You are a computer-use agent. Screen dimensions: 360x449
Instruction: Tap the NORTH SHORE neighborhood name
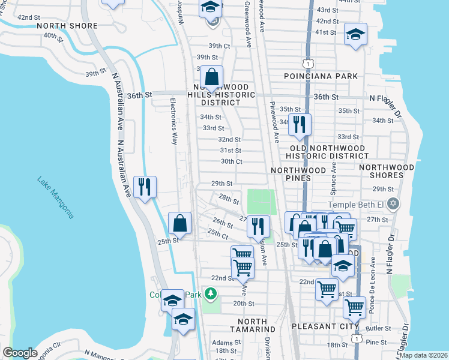(x=67, y=26)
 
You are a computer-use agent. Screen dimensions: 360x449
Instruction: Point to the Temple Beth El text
(x=359, y=203)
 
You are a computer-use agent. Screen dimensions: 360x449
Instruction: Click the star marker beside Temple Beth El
(x=393, y=203)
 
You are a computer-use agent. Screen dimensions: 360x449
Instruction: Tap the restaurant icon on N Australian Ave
(x=145, y=187)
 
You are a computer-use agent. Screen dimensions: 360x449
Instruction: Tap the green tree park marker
(x=210, y=293)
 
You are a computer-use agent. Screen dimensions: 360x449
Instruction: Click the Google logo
(x=20, y=353)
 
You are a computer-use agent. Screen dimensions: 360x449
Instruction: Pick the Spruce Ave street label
(x=333, y=178)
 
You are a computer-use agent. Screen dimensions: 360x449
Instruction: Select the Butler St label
(x=378, y=329)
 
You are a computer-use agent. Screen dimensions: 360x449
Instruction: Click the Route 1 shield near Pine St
(x=358, y=339)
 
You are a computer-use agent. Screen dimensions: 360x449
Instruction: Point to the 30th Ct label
(x=231, y=161)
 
